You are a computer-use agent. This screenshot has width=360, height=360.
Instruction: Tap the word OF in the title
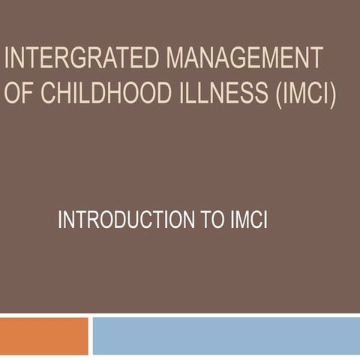tap(18, 94)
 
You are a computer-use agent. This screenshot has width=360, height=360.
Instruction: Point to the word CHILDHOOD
tap(100, 94)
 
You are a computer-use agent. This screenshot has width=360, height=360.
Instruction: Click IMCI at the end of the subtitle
tap(248, 221)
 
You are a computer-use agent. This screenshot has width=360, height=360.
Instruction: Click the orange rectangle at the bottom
tap(44, 336)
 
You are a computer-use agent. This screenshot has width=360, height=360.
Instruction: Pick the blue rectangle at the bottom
tap(226, 336)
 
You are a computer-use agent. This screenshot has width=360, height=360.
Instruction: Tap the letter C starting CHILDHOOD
tap(42, 94)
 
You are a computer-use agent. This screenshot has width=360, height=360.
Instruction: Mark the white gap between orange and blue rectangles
tap(90, 336)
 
